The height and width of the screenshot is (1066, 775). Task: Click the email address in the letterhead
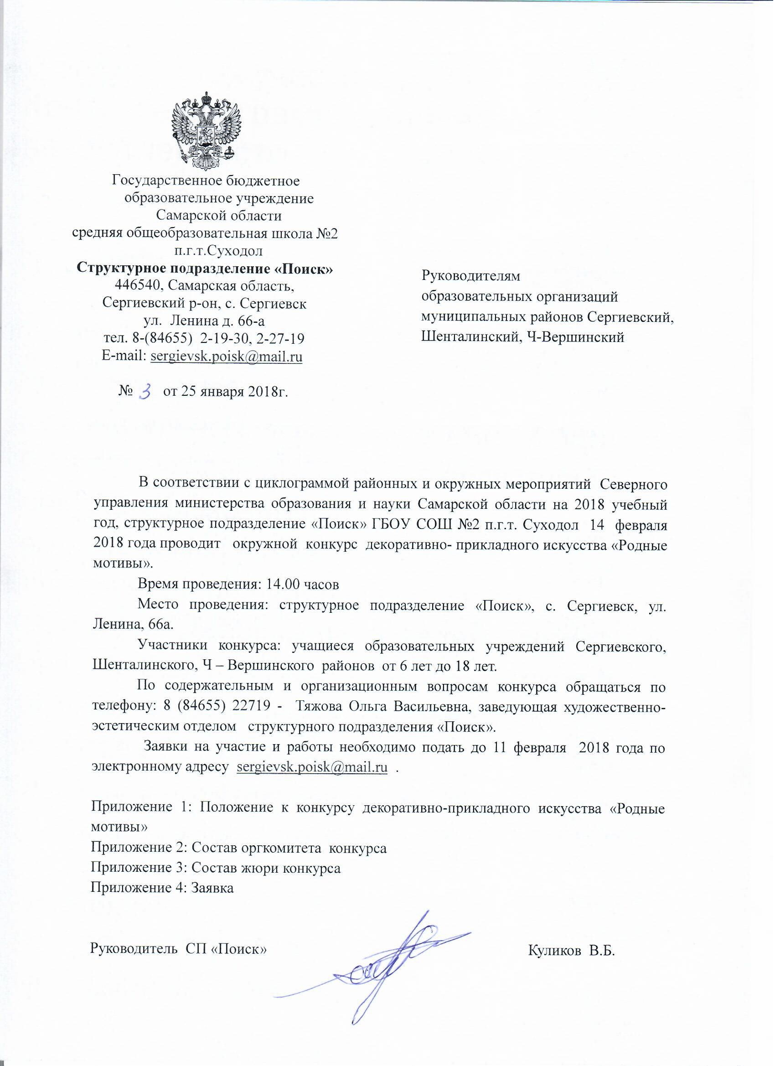pos(226,357)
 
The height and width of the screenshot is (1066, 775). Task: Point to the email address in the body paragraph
pos(313,767)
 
